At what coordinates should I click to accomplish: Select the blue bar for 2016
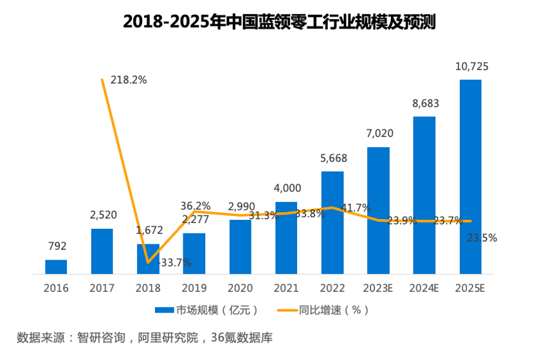coord(56,267)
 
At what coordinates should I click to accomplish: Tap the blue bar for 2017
coord(102,251)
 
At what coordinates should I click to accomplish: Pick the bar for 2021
coord(286,238)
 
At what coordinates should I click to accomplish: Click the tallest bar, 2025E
coord(470,177)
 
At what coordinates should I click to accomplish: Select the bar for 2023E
coord(378,211)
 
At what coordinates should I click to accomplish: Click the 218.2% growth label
coord(129,80)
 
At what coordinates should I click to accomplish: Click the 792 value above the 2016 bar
coord(57,246)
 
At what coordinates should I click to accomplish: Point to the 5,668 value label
coord(333,158)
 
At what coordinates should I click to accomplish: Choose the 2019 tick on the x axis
coord(194,288)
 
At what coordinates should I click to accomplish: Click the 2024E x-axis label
coord(425,288)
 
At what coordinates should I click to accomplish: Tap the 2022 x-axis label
coord(332,288)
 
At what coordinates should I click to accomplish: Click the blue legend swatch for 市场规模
coord(165,310)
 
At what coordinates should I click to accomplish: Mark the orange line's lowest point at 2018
coord(149,262)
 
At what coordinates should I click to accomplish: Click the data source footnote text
coord(140,337)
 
